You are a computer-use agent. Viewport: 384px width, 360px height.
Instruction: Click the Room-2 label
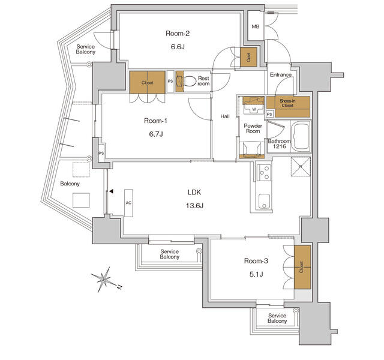pyautogui.click(x=178, y=34)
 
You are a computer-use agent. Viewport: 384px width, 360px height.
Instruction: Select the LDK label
pyautogui.click(x=194, y=192)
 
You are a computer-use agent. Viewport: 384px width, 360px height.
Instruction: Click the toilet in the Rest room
pyautogui.click(x=190, y=81)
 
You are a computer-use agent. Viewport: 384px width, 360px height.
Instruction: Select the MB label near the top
pyautogui.click(x=255, y=26)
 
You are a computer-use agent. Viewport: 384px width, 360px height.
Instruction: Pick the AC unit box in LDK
pyautogui.click(x=128, y=203)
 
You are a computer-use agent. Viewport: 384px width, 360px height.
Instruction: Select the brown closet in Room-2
pyautogui.click(x=248, y=57)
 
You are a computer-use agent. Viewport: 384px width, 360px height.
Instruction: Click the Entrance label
pyautogui.click(x=280, y=75)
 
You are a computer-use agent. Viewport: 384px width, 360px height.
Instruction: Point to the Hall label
pyautogui.click(x=225, y=116)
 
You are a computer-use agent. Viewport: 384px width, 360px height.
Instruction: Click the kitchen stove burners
pyautogui.click(x=263, y=173)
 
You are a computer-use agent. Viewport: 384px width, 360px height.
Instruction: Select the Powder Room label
pyautogui.click(x=253, y=127)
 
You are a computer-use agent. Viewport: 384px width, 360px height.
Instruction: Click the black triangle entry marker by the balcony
pyautogui.click(x=111, y=191)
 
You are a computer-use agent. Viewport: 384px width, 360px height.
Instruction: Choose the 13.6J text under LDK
pyautogui.click(x=194, y=206)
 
